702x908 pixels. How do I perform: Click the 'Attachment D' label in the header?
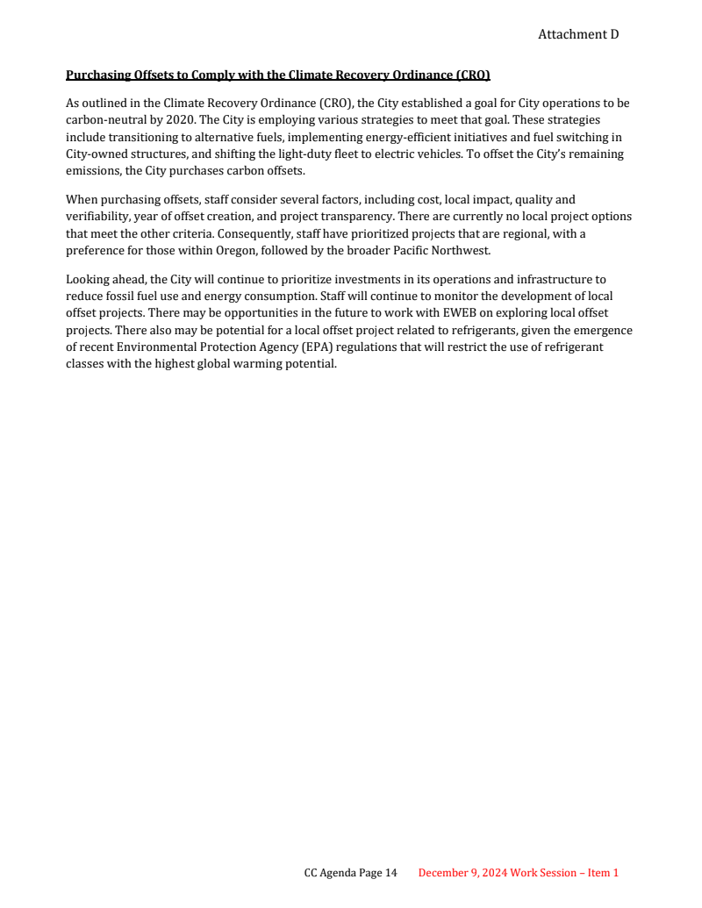point(577,34)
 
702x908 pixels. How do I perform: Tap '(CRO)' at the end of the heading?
point(472,75)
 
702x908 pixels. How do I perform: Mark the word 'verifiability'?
point(96,217)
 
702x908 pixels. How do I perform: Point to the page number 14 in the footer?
point(390,873)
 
